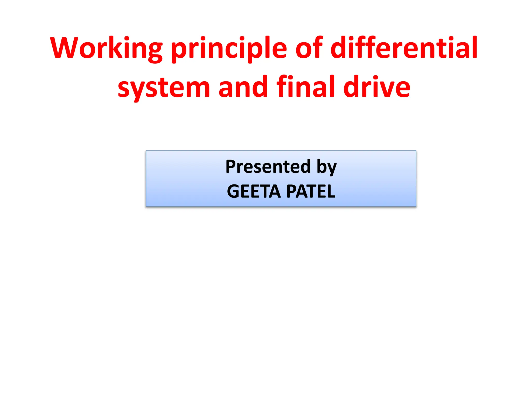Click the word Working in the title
107,48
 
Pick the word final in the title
306,87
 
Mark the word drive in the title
377,87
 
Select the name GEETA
254,191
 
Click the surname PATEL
311,191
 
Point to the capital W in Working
64,48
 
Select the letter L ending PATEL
331,191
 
